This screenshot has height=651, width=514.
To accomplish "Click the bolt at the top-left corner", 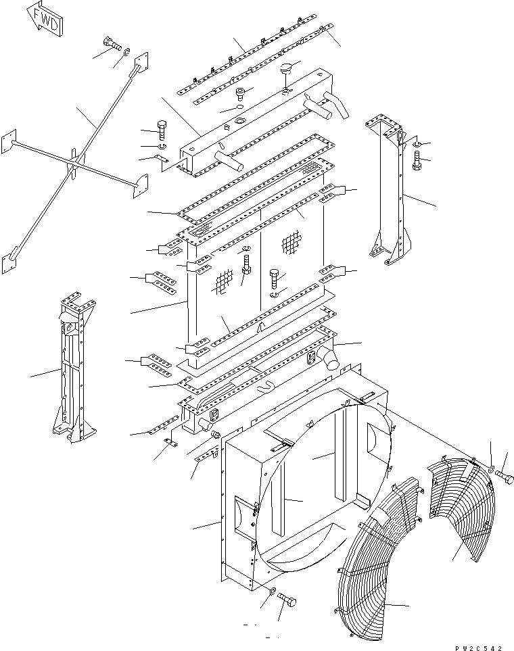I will (112, 45).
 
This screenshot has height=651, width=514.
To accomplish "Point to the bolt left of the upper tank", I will (162, 127).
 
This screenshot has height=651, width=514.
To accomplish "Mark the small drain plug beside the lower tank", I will (217, 434).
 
